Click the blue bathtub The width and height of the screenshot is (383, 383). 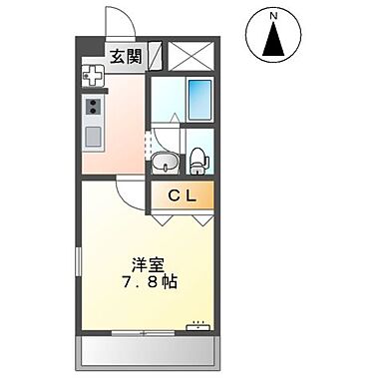click(x=200, y=100)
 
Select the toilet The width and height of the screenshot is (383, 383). click(x=199, y=158)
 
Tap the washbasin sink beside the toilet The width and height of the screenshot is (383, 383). click(x=167, y=161)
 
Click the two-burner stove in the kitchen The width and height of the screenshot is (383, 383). click(x=95, y=107)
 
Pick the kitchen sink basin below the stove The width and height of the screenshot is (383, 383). click(x=95, y=136)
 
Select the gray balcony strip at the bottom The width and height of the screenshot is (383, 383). click(x=148, y=350)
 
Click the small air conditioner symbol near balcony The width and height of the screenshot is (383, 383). click(x=198, y=325)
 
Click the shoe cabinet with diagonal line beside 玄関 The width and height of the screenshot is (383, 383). click(x=155, y=56)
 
